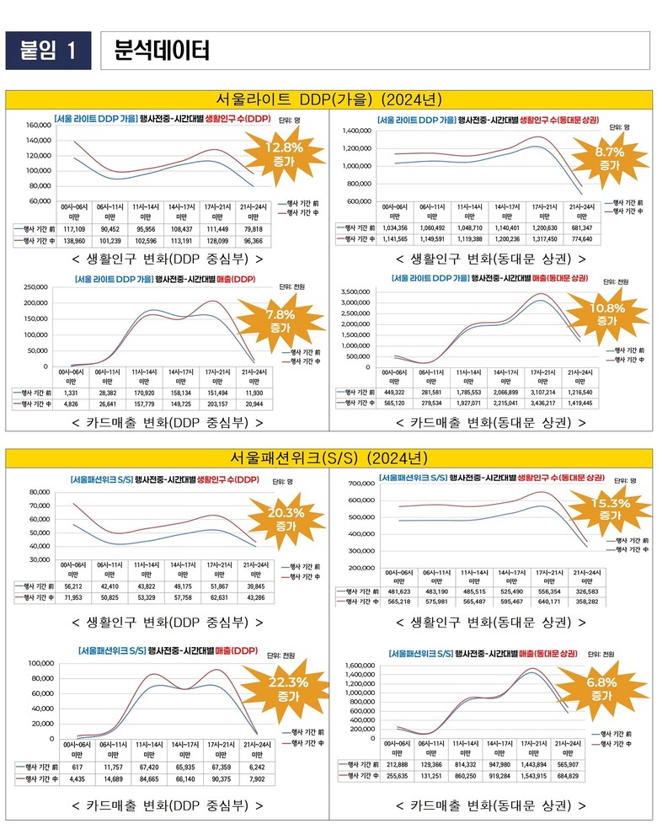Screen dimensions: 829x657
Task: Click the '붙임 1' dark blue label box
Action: pyautogui.click(x=48, y=51)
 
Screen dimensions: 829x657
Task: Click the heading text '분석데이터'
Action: pyautogui.click(x=162, y=51)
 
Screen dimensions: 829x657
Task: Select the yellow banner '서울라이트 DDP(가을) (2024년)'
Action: pyautogui.click(x=328, y=99)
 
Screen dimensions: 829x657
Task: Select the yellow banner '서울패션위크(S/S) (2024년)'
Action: pyautogui.click(x=328, y=457)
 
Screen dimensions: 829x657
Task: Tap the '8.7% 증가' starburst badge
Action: pyautogui.click(x=609, y=158)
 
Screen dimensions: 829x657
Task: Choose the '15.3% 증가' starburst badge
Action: pyautogui.click(x=610, y=509)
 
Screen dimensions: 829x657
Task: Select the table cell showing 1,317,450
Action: pyautogui.click(x=549, y=238)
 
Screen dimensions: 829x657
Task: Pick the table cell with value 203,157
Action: pyautogui.click(x=216, y=404)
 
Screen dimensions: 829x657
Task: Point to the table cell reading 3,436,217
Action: pyautogui.click(x=549, y=404)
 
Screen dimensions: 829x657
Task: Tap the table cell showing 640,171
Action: pyautogui.click(x=549, y=602)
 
